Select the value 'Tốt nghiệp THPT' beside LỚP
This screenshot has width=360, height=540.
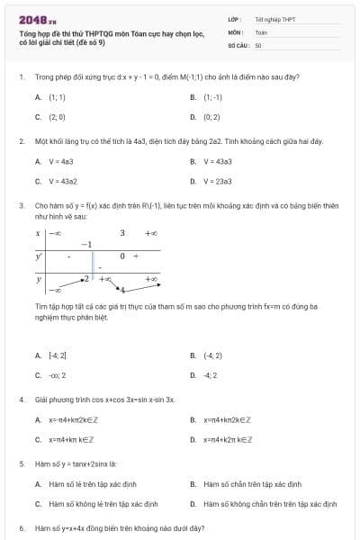(274, 19)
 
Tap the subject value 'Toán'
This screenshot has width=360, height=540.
(261, 31)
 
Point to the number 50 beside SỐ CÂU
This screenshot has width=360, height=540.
(258, 44)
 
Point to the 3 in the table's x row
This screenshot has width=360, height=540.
(122, 233)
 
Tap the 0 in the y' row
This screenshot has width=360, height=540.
(121, 256)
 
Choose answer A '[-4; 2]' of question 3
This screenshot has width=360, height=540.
(57, 355)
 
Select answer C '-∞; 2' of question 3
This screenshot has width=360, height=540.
(56, 375)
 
